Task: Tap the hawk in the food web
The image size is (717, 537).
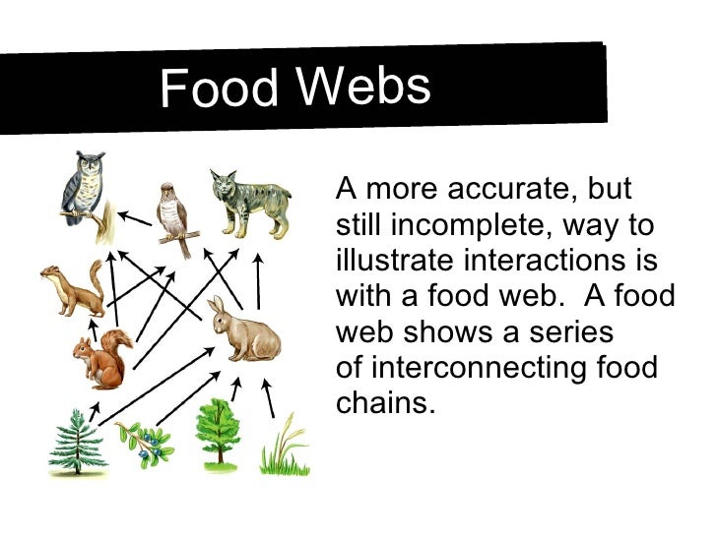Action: tap(174, 213)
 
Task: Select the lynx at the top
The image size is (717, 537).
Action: tap(246, 203)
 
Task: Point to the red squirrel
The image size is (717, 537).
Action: tap(103, 359)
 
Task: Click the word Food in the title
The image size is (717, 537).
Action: tap(219, 89)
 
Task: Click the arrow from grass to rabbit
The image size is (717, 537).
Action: tap(267, 398)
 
